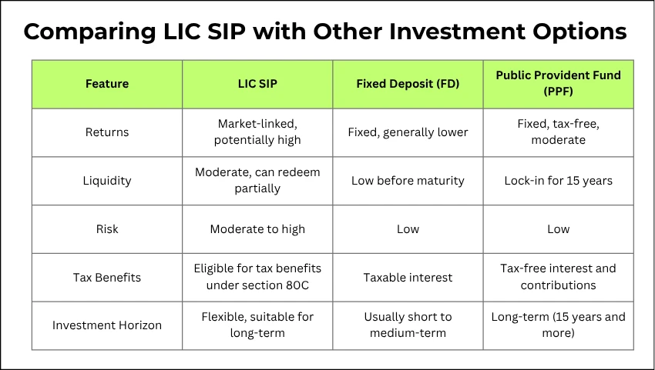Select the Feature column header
[107, 83]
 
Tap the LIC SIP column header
[257, 83]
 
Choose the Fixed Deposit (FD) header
[408, 83]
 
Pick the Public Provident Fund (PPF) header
[558, 83]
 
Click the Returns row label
[107, 132]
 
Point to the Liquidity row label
[107, 181]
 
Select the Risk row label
[107, 229]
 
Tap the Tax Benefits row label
[107, 277]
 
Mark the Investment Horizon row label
[107, 325]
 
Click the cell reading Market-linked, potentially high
[257, 132]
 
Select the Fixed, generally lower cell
[408, 132]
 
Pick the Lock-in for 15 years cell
[558, 181]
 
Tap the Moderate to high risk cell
[257, 229]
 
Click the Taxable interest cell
[408, 277]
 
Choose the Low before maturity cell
[408, 181]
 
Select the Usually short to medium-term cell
[408, 325]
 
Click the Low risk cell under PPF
[558, 229]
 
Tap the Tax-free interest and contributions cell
[558, 277]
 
